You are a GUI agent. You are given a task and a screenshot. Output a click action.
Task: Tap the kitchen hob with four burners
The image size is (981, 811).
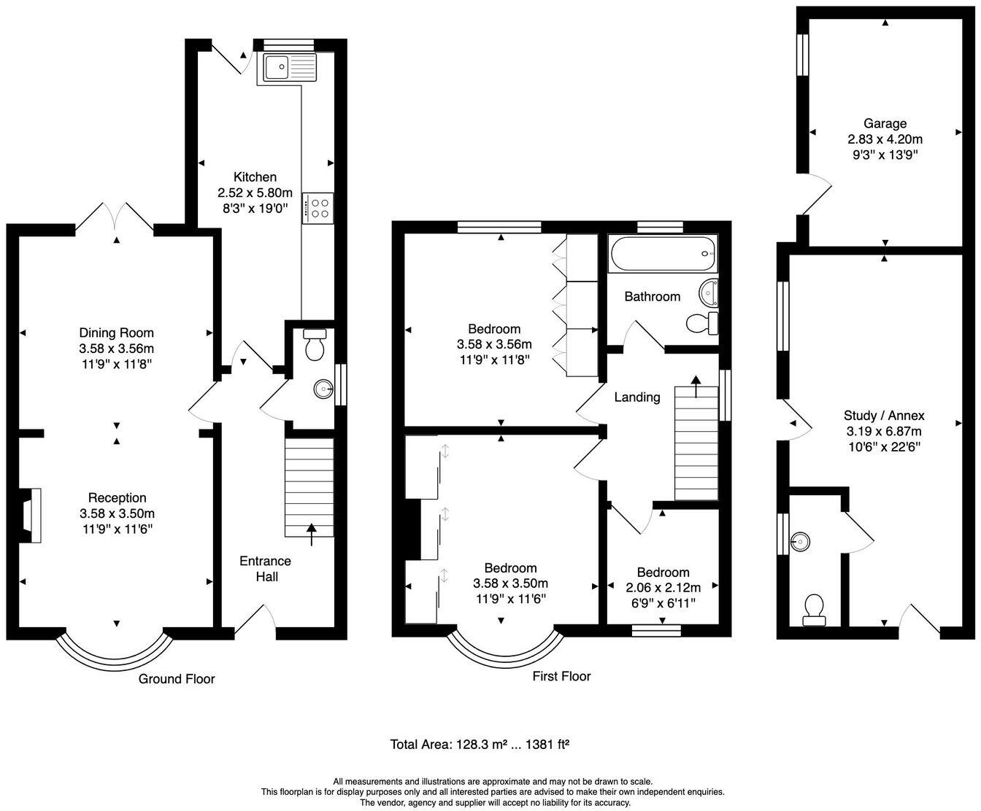pyautogui.click(x=318, y=207)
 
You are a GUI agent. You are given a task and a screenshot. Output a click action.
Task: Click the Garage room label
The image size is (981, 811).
pyautogui.click(x=885, y=123)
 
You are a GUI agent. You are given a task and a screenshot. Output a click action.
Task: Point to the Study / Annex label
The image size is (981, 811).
pyautogui.click(x=884, y=416)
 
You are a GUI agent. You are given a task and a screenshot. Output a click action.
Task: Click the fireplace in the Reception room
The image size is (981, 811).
pyautogui.click(x=31, y=515)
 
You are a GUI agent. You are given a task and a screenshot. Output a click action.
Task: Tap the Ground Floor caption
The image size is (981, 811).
pyautogui.click(x=177, y=679)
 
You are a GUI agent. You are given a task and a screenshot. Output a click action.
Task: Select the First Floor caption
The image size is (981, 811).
pyautogui.click(x=561, y=676)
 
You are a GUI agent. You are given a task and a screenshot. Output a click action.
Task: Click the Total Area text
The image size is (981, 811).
pyautogui.click(x=480, y=745)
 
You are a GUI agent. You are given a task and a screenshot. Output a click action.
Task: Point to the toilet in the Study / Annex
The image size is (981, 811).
pyautogui.click(x=813, y=610)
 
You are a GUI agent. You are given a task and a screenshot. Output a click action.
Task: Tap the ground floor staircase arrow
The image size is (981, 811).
pyautogui.click(x=312, y=534)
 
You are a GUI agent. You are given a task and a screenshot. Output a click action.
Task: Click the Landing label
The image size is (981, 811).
pyautogui.click(x=636, y=397)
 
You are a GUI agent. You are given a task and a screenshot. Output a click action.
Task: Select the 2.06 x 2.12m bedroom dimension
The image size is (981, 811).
pyautogui.click(x=663, y=588)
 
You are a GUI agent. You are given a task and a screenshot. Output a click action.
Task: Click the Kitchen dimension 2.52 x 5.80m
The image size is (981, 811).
pyautogui.click(x=255, y=193)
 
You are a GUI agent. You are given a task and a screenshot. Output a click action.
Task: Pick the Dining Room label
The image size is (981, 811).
pyautogui.click(x=117, y=333)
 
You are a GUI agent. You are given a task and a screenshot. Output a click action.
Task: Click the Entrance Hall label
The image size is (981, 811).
pyautogui.click(x=266, y=568)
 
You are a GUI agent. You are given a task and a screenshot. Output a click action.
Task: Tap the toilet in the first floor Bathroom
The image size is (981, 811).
pyautogui.click(x=702, y=322)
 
